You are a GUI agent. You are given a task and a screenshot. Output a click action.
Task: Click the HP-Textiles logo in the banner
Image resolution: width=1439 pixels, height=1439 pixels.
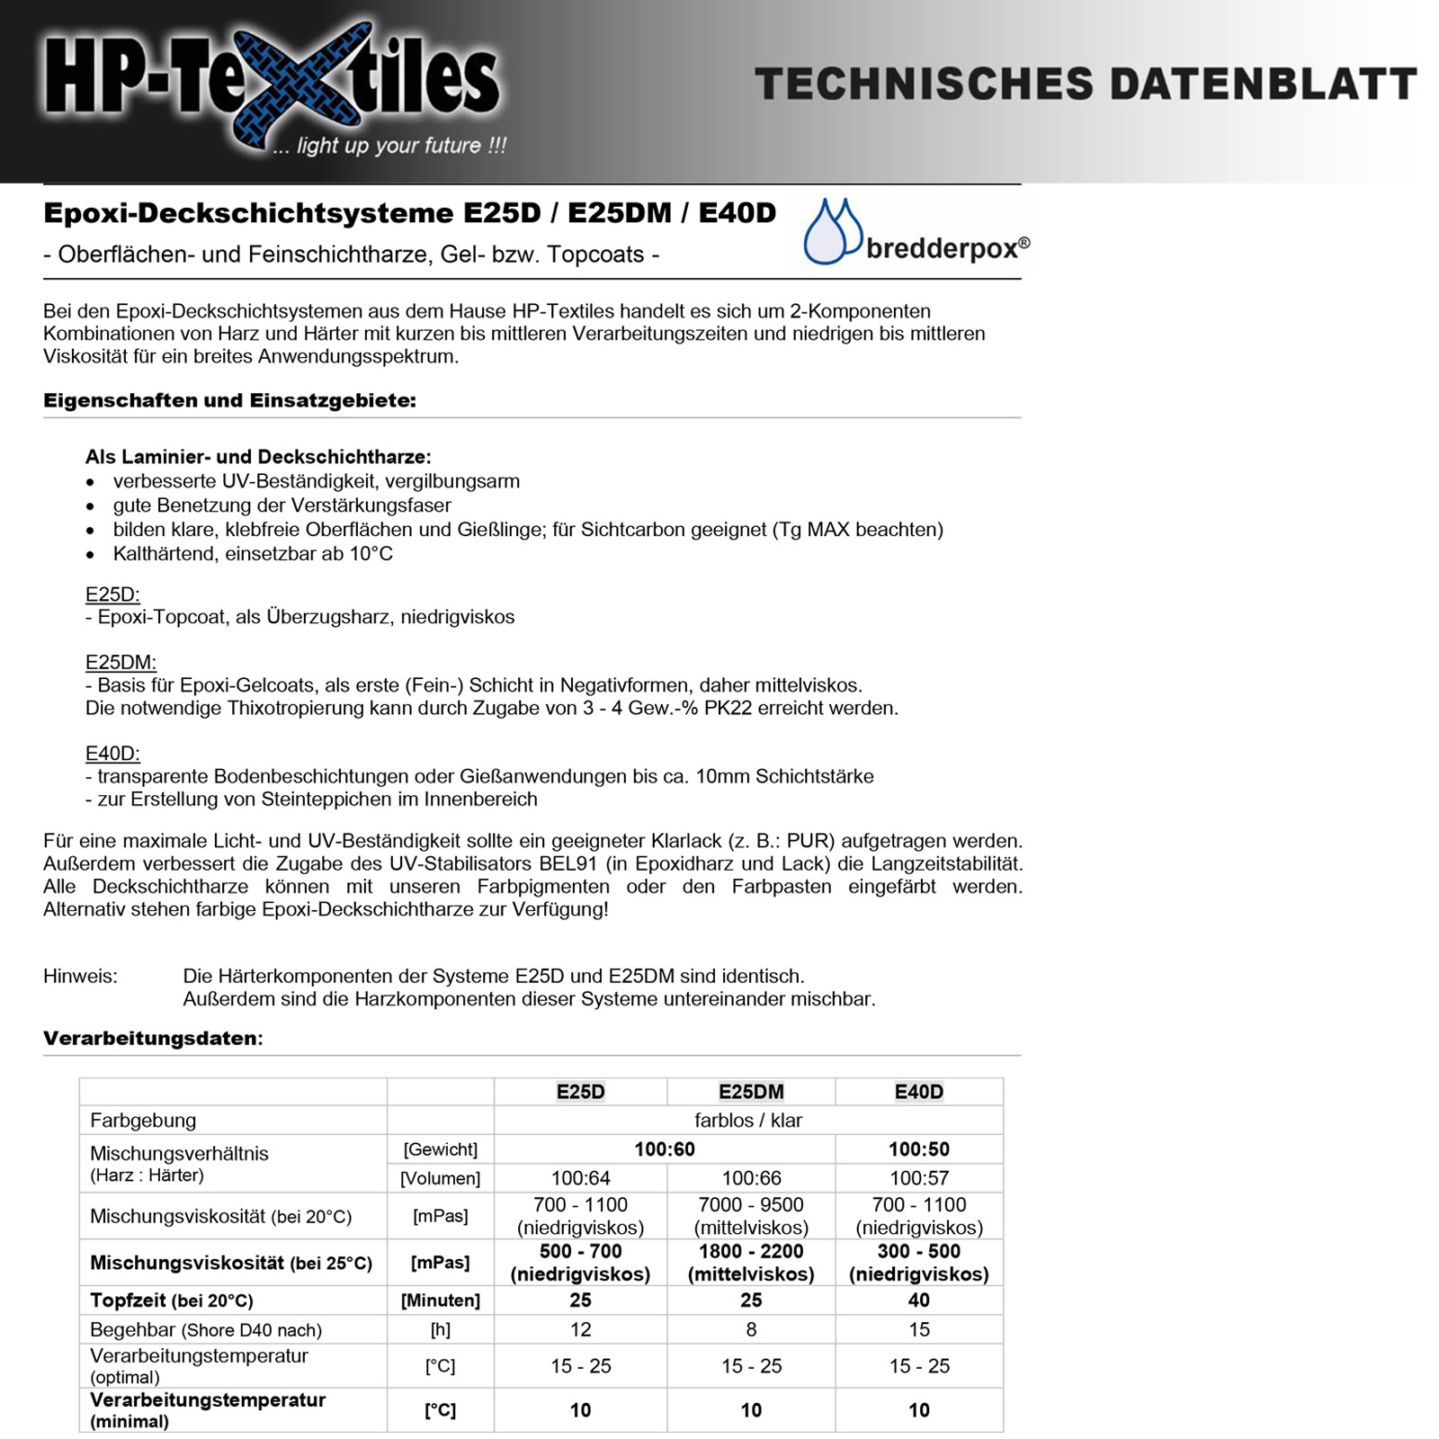(270, 85)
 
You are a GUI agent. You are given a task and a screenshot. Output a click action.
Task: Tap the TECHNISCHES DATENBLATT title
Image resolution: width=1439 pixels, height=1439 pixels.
(1086, 84)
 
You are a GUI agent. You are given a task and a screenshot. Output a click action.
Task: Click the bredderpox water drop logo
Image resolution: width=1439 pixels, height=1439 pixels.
(832, 232)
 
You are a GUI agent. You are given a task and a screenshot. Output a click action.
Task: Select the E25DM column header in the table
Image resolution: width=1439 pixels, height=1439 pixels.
(751, 1092)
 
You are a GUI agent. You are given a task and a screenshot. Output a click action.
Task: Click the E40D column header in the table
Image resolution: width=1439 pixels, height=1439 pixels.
(919, 1092)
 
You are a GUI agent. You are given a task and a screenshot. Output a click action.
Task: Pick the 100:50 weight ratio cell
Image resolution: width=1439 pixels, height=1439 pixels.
(919, 1149)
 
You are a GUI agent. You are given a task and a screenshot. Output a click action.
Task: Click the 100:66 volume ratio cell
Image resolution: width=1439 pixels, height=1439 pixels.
(751, 1178)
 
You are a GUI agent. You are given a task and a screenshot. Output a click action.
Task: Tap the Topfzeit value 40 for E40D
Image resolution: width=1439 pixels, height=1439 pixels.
(919, 1300)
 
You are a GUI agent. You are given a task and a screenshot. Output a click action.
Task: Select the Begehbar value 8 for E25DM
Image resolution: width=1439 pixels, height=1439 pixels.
(751, 1329)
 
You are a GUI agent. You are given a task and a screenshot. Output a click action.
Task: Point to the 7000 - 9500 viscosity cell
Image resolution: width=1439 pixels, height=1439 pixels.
(751, 1216)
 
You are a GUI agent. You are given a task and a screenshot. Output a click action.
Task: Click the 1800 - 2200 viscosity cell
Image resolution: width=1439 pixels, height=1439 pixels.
(751, 1262)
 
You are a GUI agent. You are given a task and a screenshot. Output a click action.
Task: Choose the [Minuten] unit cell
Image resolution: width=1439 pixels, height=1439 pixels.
(441, 1300)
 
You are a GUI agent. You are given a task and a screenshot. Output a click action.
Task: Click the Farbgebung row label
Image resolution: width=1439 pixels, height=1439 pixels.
(143, 1121)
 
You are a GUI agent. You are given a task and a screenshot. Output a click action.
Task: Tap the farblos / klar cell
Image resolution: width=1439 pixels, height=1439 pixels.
(748, 1121)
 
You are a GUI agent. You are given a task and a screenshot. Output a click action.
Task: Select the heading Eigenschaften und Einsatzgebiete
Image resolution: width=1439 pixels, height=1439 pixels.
(229, 401)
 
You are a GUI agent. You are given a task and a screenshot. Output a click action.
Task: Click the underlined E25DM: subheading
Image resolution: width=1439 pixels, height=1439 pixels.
(121, 663)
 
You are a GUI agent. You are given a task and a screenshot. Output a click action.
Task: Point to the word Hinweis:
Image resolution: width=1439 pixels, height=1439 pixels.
(80, 976)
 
